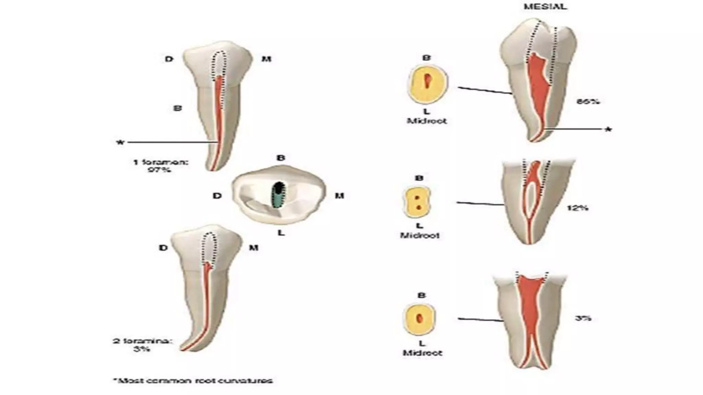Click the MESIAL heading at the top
(545, 7)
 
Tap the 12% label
(577, 208)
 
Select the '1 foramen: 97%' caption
(161, 165)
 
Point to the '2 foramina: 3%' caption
(142, 345)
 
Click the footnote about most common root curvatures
(193, 381)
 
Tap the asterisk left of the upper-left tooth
(120, 142)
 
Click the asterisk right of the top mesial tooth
(608, 130)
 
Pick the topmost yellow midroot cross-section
(428, 83)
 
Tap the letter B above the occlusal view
(281, 158)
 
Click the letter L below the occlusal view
(281, 233)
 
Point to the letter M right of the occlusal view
(339, 196)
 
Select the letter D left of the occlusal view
(217, 196)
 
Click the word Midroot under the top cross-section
(427, 121)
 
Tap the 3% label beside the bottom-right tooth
(583, 318)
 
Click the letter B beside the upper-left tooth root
(177, 108)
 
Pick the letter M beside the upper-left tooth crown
(266, 59)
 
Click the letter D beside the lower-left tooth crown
(163, 248)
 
